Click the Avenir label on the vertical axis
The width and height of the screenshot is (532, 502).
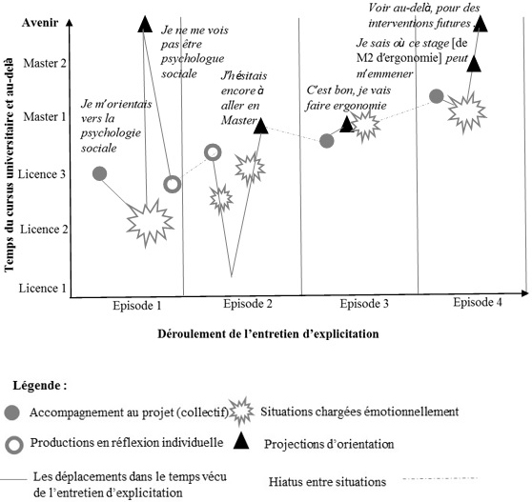[x=40, y=23]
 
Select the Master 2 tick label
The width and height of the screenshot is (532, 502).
[x=45, y=63]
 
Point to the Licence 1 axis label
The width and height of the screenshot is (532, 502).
[x=42, y=289]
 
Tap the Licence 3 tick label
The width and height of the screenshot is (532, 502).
[x=42, y=174]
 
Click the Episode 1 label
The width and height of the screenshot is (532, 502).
[x=137, y=306]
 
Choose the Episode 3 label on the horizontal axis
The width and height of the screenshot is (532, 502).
[x=364, y=303]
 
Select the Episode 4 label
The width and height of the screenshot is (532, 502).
[x=478, y=302]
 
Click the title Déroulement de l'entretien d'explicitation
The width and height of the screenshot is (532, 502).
[x=268, y=334]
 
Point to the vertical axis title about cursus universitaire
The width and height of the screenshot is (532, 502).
[x=10, y=165]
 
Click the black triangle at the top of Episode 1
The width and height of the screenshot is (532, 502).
[x=145, y=25]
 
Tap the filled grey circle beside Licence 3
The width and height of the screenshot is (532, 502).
[x=100, y=174]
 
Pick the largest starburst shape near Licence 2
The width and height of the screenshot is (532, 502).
[x=150, y=223]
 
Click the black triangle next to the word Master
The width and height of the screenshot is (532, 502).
[x=261, y=126]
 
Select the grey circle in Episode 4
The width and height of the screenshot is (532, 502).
[x=437, y=96]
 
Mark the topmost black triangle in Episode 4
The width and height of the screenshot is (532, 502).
[x=481, y=24]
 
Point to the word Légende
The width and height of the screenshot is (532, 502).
[x=40, y=386]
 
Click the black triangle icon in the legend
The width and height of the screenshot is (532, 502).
[x=241, y=441]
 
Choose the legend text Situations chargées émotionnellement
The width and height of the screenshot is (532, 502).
[x=359, y=412]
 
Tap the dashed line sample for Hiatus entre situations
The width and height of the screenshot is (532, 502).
[x=440, y=478]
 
